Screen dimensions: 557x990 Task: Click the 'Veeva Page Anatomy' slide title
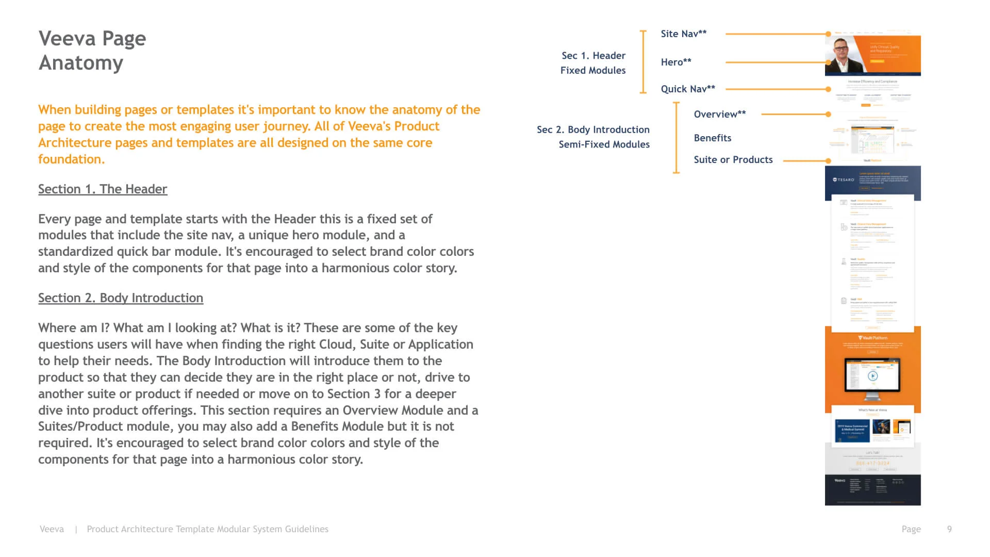point(92,51)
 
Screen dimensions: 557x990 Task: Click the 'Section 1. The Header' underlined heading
point(103,189)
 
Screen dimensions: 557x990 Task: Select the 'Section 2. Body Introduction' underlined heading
point(121,298)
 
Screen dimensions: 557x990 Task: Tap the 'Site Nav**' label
point(683,34)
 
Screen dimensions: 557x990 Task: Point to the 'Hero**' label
point(675,62)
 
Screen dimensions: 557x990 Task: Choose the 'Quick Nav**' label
point(687,89)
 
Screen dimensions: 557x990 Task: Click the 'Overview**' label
point(719,114)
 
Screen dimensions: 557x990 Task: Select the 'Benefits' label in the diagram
point(712,138)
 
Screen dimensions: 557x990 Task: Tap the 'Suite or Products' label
point(733,160)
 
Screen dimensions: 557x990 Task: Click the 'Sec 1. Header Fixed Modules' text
point(593,63)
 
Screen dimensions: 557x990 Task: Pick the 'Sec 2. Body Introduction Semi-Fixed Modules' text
point(593,137)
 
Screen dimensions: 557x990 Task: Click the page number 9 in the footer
point(949,529)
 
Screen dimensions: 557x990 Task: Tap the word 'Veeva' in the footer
point(52,529)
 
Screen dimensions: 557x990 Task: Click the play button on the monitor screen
point(872,376)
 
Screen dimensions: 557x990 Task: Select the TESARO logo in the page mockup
point(844,180)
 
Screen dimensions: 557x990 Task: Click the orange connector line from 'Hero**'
point(773,62)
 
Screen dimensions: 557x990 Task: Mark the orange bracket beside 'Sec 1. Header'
point(643,62)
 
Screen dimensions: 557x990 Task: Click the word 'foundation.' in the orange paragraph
point(71,159)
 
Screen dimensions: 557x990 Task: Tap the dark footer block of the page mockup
point(872,490)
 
